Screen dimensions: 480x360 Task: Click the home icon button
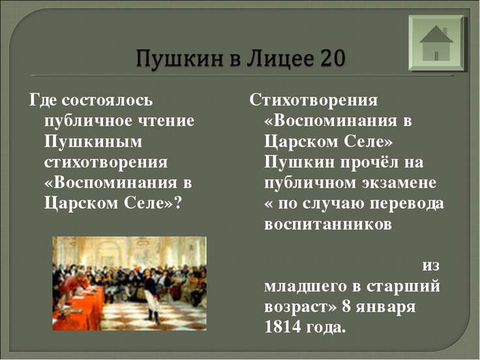[x=436, y=43]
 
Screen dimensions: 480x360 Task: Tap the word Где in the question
[x=43, y=100]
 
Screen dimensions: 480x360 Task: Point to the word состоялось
[x=107, y=100]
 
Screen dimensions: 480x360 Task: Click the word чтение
[x=167, y=121]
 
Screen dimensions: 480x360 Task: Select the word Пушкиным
[x=93, y=142]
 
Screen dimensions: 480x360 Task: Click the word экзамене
[x=400, y=183]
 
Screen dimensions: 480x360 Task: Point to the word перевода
[x=407, y=204]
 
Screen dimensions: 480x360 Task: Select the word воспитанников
[x=328, y=224]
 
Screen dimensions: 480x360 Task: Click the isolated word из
[x=430, y=265]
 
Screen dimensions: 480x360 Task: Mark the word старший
[x=403, y=287]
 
